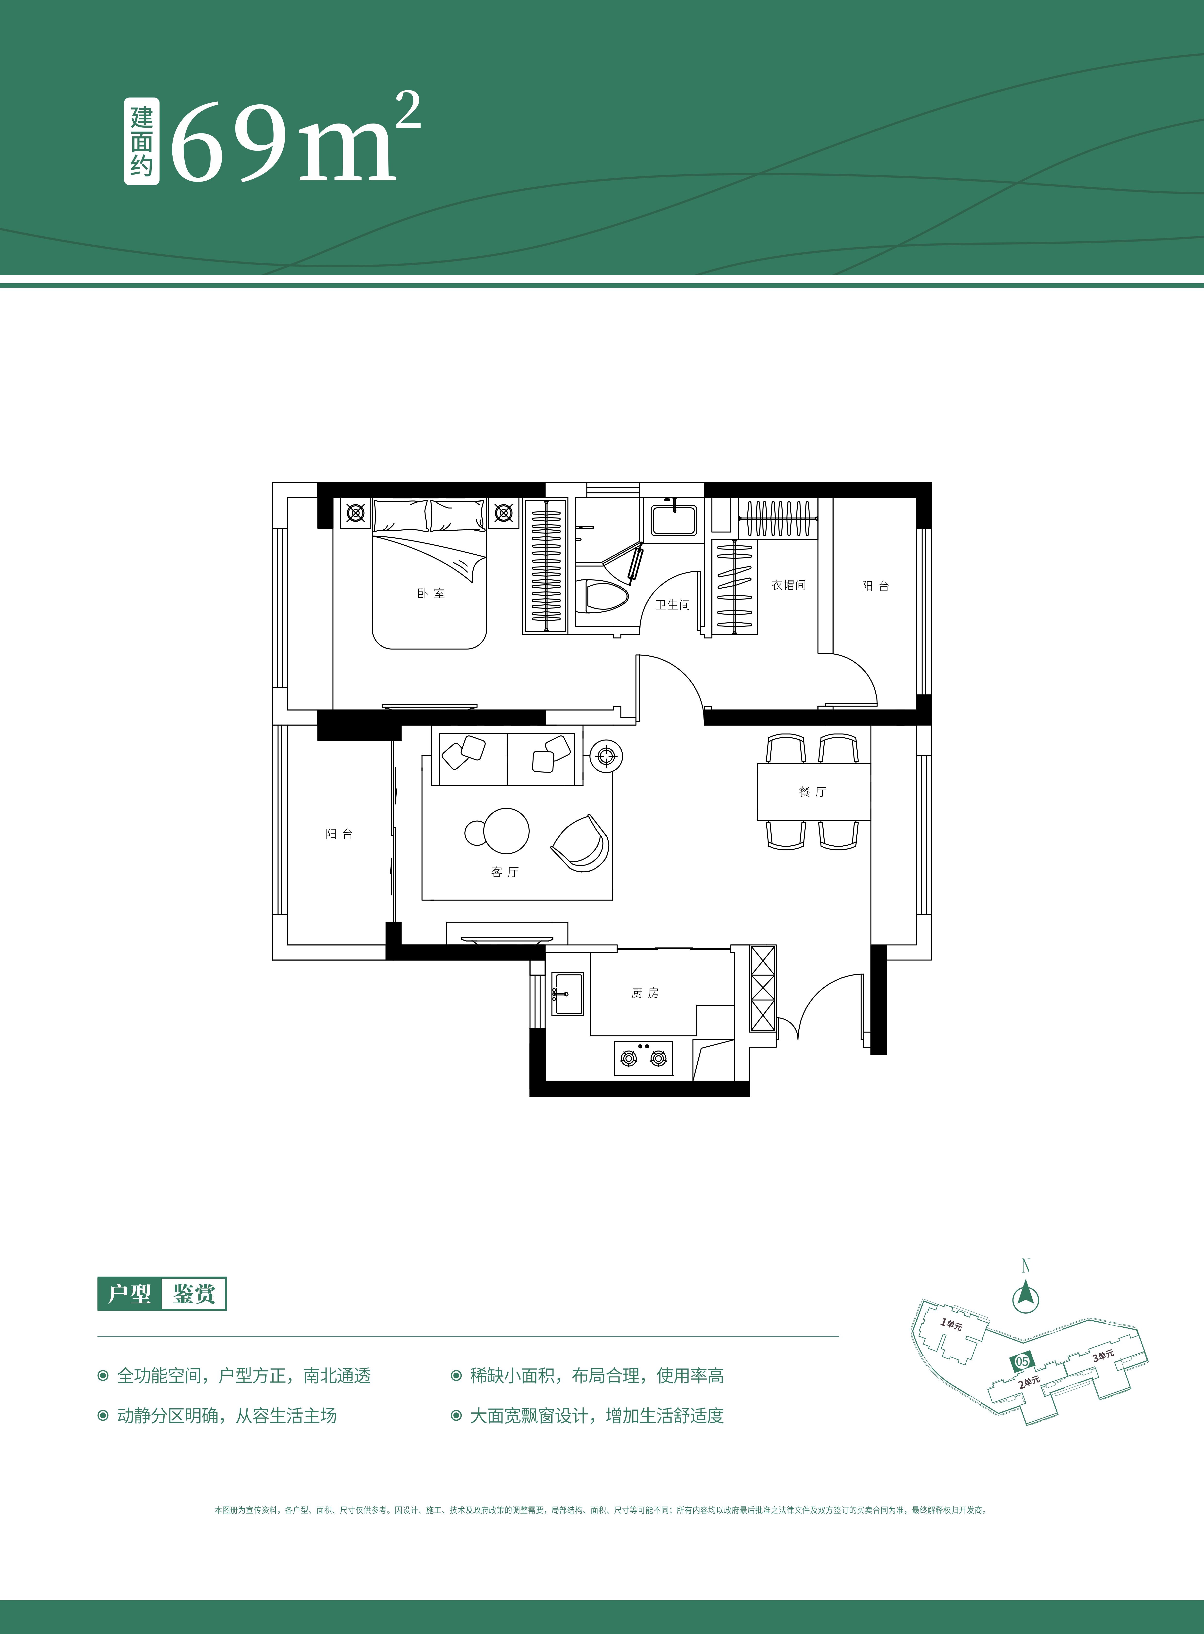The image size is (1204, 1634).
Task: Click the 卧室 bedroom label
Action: [431, 593]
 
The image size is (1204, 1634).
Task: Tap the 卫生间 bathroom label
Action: [672, 604]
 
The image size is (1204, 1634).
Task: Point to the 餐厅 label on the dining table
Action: [813, 792]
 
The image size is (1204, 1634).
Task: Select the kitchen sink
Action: [567, 993]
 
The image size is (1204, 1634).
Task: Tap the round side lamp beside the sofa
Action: [606, 757]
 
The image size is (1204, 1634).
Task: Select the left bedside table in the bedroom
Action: [356, 514]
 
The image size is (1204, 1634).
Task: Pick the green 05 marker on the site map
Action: [1022, 1361]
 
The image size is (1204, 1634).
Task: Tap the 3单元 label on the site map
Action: [1103, 1356]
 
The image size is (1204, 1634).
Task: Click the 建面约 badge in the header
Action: [141, 142]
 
